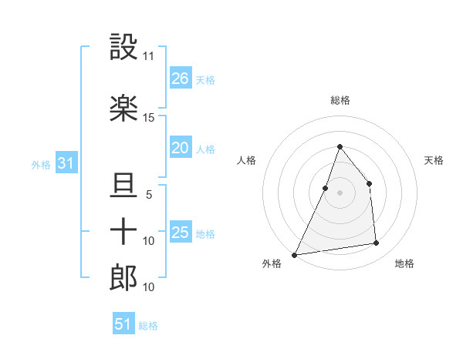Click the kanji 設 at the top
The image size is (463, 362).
(123, 48)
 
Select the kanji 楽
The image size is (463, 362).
(123, 108)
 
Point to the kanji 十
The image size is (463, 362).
(123, 231)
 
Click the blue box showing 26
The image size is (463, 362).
(181, 79)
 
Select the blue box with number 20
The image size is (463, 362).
(181, 148)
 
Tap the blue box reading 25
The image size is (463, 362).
(181, 233)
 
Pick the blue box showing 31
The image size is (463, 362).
(66, 163)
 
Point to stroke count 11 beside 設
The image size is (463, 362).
(149, 56)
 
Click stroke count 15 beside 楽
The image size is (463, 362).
(149, 117)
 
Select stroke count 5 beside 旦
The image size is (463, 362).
(149, 195)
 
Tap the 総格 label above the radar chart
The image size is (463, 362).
(340, 100)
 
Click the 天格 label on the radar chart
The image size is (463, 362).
(434, 160)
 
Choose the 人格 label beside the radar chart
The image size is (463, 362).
(246, 160)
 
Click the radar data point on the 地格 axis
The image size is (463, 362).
(377, 243)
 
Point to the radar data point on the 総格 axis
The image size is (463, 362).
(340, 146)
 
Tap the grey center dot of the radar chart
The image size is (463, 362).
(340, 193)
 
